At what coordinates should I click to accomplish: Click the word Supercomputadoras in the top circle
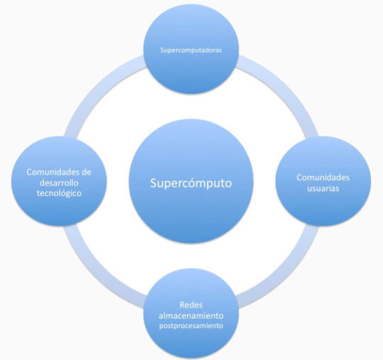(x=191, y=50)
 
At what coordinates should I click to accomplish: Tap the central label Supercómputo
(x=191, y=183)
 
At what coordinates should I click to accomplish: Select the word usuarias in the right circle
(x=323, y=188)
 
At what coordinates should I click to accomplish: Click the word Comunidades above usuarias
(x=323, y=178)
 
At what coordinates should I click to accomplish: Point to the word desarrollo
(x=59, y=182)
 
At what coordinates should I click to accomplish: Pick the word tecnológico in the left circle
(x=59, y=193)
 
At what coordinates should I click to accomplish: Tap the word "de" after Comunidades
(x=87, y=172)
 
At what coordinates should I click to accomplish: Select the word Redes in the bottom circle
(x=191, y=305)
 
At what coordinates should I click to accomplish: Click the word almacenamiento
(x=191, y=316)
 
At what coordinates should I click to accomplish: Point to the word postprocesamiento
(x=191, y=326)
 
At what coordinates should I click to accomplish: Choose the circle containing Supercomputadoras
(x=191, y=52)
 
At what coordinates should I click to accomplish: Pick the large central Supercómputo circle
(x=191, y=181)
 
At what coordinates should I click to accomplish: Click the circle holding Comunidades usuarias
(x=323, y=181)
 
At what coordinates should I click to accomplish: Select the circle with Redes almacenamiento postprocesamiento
(x=191, y=313)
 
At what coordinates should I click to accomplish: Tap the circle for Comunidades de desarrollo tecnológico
(x=59, y=181)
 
